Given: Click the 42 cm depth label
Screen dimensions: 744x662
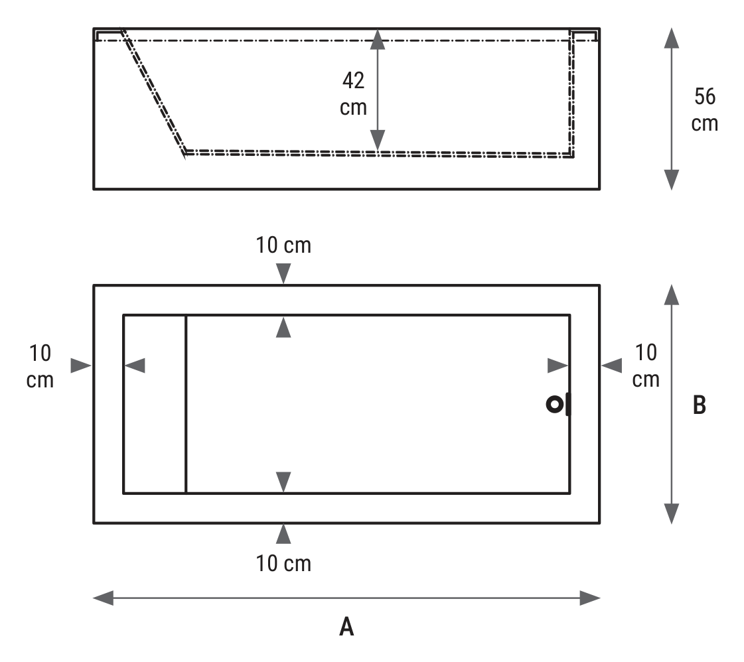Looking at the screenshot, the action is click(354, 94).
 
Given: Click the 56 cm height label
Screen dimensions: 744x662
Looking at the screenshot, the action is click(705, 110).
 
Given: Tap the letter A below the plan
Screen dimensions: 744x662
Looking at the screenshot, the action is click(347, 626).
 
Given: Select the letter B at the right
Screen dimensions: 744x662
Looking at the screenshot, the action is click(700, 405).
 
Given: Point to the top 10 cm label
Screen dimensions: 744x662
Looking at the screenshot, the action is click(283, 245).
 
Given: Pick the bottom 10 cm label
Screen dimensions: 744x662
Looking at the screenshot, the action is click(283, 563).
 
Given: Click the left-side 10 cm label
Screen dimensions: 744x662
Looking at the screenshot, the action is click(40, 366).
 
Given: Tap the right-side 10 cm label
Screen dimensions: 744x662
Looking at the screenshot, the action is click(646, 365).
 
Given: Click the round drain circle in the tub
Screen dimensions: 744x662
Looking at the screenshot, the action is click(555, 405).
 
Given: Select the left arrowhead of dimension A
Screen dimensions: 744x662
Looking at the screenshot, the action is click(103, 598).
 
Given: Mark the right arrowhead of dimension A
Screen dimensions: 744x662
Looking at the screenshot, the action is click(590, 598).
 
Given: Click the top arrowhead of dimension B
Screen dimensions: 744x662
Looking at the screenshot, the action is click(672, 295).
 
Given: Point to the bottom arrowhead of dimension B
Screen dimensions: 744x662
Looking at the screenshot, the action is click(672, 513).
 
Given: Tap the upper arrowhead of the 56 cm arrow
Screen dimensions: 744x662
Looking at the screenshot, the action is click(672, 38).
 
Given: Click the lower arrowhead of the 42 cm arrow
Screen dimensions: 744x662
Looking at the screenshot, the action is click(378, 141).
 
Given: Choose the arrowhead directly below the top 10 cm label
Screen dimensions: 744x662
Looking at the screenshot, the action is click(283, 273).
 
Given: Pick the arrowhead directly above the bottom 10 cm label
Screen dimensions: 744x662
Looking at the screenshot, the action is click(283, 534).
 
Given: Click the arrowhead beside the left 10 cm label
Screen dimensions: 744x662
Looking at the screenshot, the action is click(81, 365).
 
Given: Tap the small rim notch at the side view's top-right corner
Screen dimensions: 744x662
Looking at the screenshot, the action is click(584, 36).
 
